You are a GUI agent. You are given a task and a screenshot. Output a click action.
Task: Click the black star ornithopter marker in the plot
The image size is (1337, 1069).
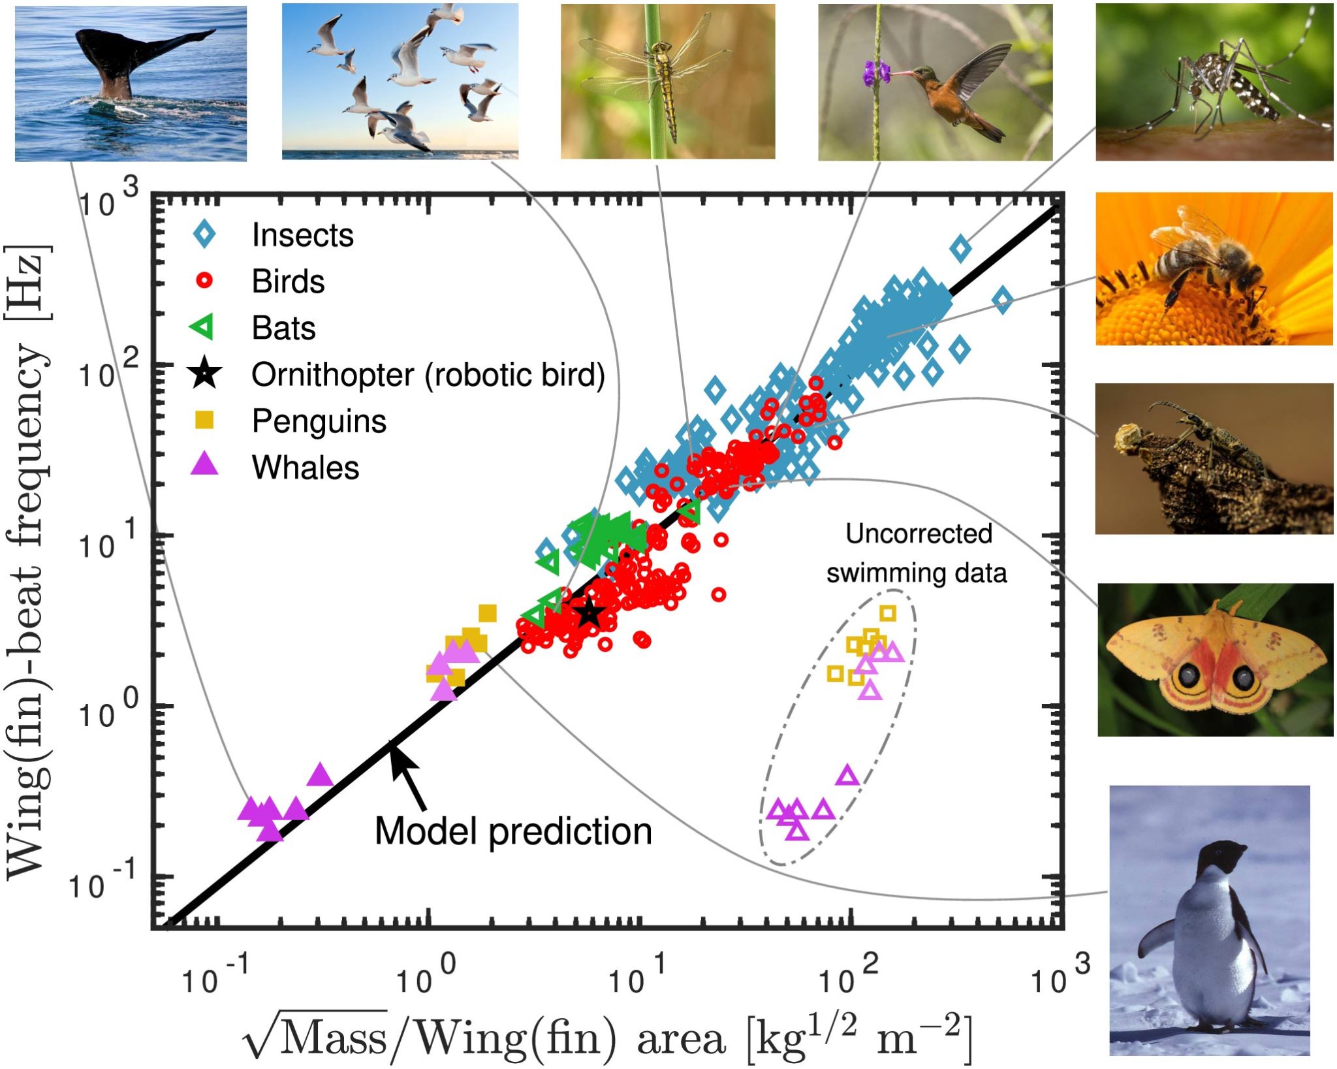(x=589, y=613)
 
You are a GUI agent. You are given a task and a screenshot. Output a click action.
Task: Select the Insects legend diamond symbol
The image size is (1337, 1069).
(x=205, y=234)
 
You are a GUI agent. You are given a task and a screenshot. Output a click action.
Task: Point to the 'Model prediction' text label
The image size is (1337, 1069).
(x=513, y=831)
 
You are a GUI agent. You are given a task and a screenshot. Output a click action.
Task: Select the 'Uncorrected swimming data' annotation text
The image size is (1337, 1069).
(x=917, y=553)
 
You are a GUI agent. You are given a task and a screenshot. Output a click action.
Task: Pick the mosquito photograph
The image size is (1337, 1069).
(x=1214, y=82)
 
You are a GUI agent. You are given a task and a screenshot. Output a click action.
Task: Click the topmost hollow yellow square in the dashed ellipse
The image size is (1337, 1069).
(x=887, y=613)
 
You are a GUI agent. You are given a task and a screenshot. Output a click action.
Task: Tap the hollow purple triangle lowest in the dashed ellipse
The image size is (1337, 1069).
(x=797, y=831)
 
